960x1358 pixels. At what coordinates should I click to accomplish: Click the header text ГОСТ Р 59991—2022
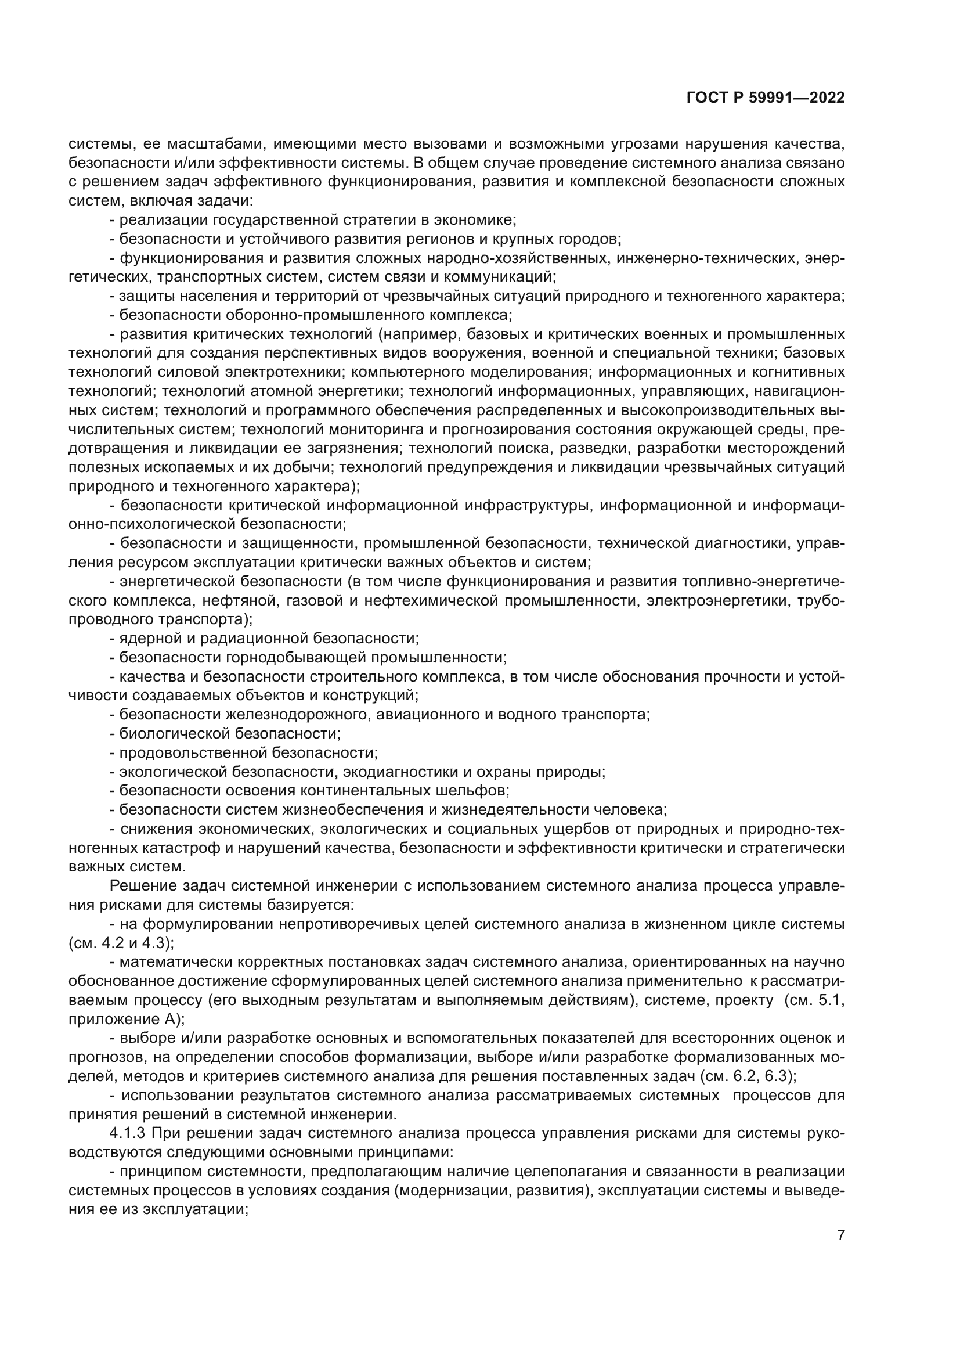click(x=766, y=98)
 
